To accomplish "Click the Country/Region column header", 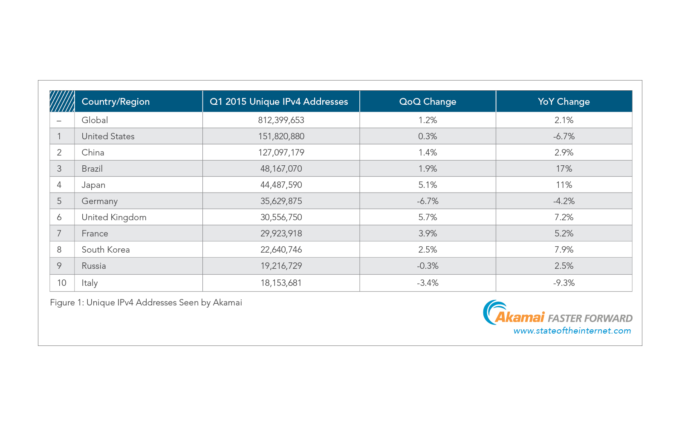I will [116, 102].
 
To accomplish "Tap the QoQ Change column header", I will [428, 102].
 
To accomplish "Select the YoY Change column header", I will [564, 102].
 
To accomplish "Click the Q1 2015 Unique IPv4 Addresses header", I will [279, 102].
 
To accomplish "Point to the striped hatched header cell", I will [62, 101].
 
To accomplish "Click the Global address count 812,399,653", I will [281, 120].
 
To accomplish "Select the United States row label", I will [108, 136].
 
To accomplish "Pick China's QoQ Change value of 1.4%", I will [428, 153].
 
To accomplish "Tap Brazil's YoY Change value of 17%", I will [564, 169].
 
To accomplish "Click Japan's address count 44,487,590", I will [281, 185].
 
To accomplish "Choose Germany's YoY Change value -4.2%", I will [564, 201].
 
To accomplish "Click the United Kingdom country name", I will [114, 217].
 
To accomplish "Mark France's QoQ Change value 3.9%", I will [428, 233].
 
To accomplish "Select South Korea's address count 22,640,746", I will [281, 250].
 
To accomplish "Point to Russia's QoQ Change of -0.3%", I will [428, 266].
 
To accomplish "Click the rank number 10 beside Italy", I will [62, 283].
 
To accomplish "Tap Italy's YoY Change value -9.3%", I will [564, 283].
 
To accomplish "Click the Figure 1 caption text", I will [146, 302].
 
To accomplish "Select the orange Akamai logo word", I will [520, 317].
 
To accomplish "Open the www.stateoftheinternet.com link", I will [572, 331].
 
